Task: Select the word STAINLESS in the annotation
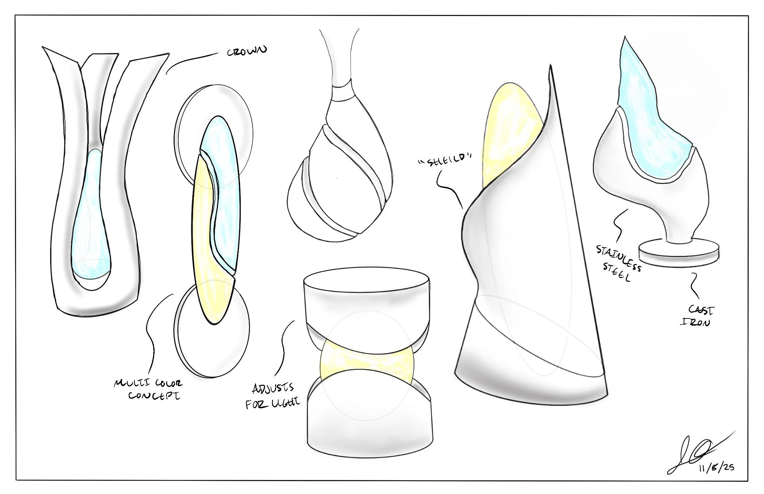618,258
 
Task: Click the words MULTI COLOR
148,384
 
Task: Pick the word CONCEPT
154,396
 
